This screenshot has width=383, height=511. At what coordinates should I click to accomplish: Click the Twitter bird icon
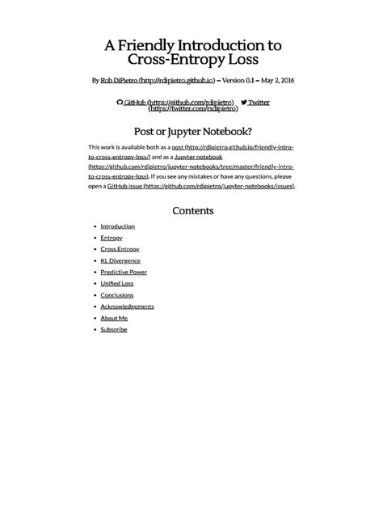(x=243, y=103)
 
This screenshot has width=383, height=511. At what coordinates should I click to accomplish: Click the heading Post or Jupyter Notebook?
(x=191, y=131)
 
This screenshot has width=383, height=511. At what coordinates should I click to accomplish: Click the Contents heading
(x=192, y=211)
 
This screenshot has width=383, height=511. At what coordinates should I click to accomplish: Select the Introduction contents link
(x=117, y=226)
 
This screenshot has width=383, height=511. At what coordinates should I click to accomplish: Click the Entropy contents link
(x=112, y=239)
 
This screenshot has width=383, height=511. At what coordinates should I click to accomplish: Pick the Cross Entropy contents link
(x=120, y=250)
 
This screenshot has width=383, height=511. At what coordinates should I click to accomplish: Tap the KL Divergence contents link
(x=120, y=261)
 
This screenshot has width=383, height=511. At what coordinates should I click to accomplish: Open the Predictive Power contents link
(x=124, y=272)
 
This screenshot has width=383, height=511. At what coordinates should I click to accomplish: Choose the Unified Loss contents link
(x=116, y=284)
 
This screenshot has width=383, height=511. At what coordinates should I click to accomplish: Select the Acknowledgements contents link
(x=127, y=306)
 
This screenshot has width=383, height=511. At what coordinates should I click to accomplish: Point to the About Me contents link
(x=114, y=318)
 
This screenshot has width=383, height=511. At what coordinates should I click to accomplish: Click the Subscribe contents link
(x=114, y=329)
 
